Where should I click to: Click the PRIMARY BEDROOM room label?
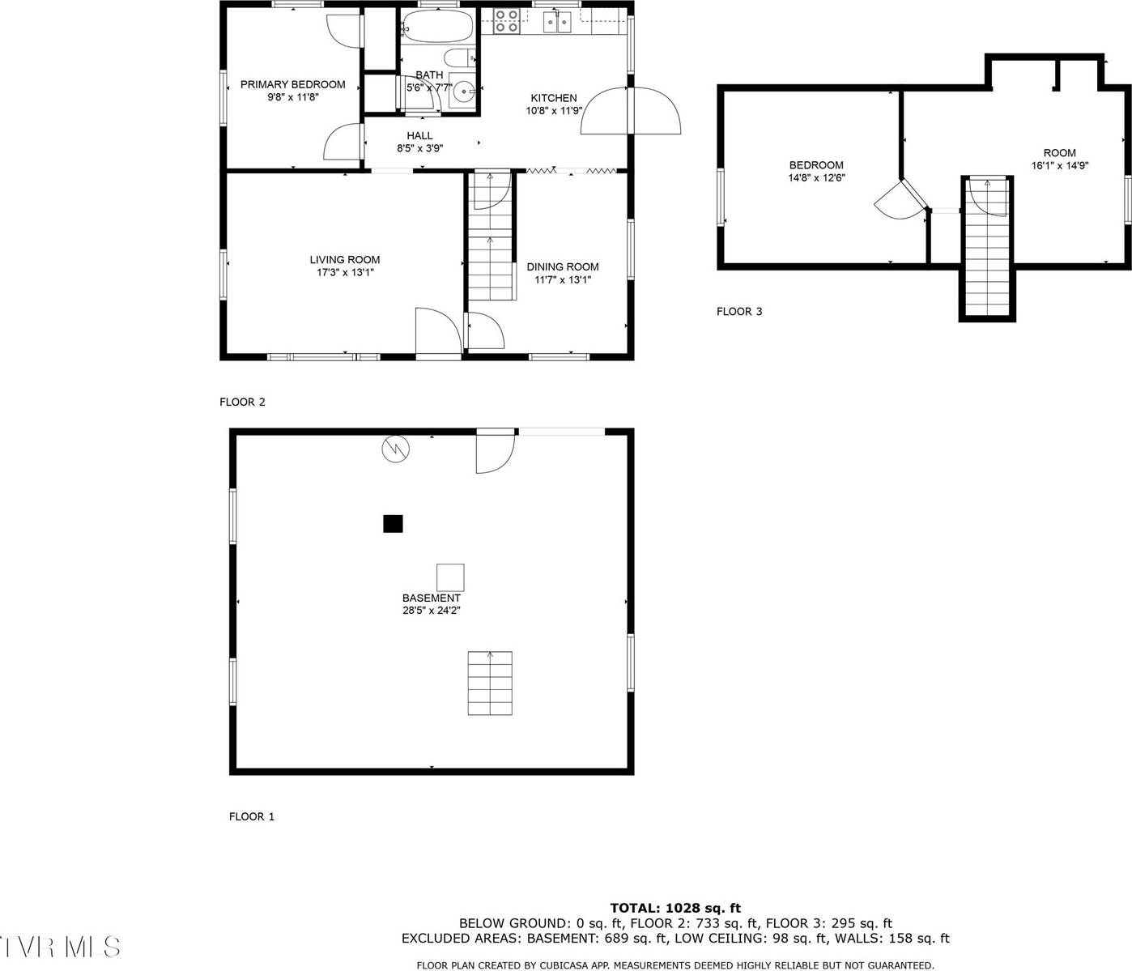[292, 84]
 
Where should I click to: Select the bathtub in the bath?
[437, 26]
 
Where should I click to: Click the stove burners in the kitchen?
[507, 21]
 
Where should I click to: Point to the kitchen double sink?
[557, 20]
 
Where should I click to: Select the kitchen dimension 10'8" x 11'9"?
[554, 111]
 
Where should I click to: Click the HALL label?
[419, 135]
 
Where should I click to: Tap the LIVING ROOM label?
[345, 260]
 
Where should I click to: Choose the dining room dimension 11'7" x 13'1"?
[563, 280]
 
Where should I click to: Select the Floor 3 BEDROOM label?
[816, 165]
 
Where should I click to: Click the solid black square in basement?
[393, 524]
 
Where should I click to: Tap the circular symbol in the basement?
[396, 448]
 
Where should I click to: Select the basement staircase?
[490, 683]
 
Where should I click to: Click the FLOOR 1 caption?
[252, 816]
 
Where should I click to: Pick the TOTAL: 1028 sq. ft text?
[675, 908]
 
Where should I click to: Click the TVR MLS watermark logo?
[61, 946]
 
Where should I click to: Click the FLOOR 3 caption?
[739, 311]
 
